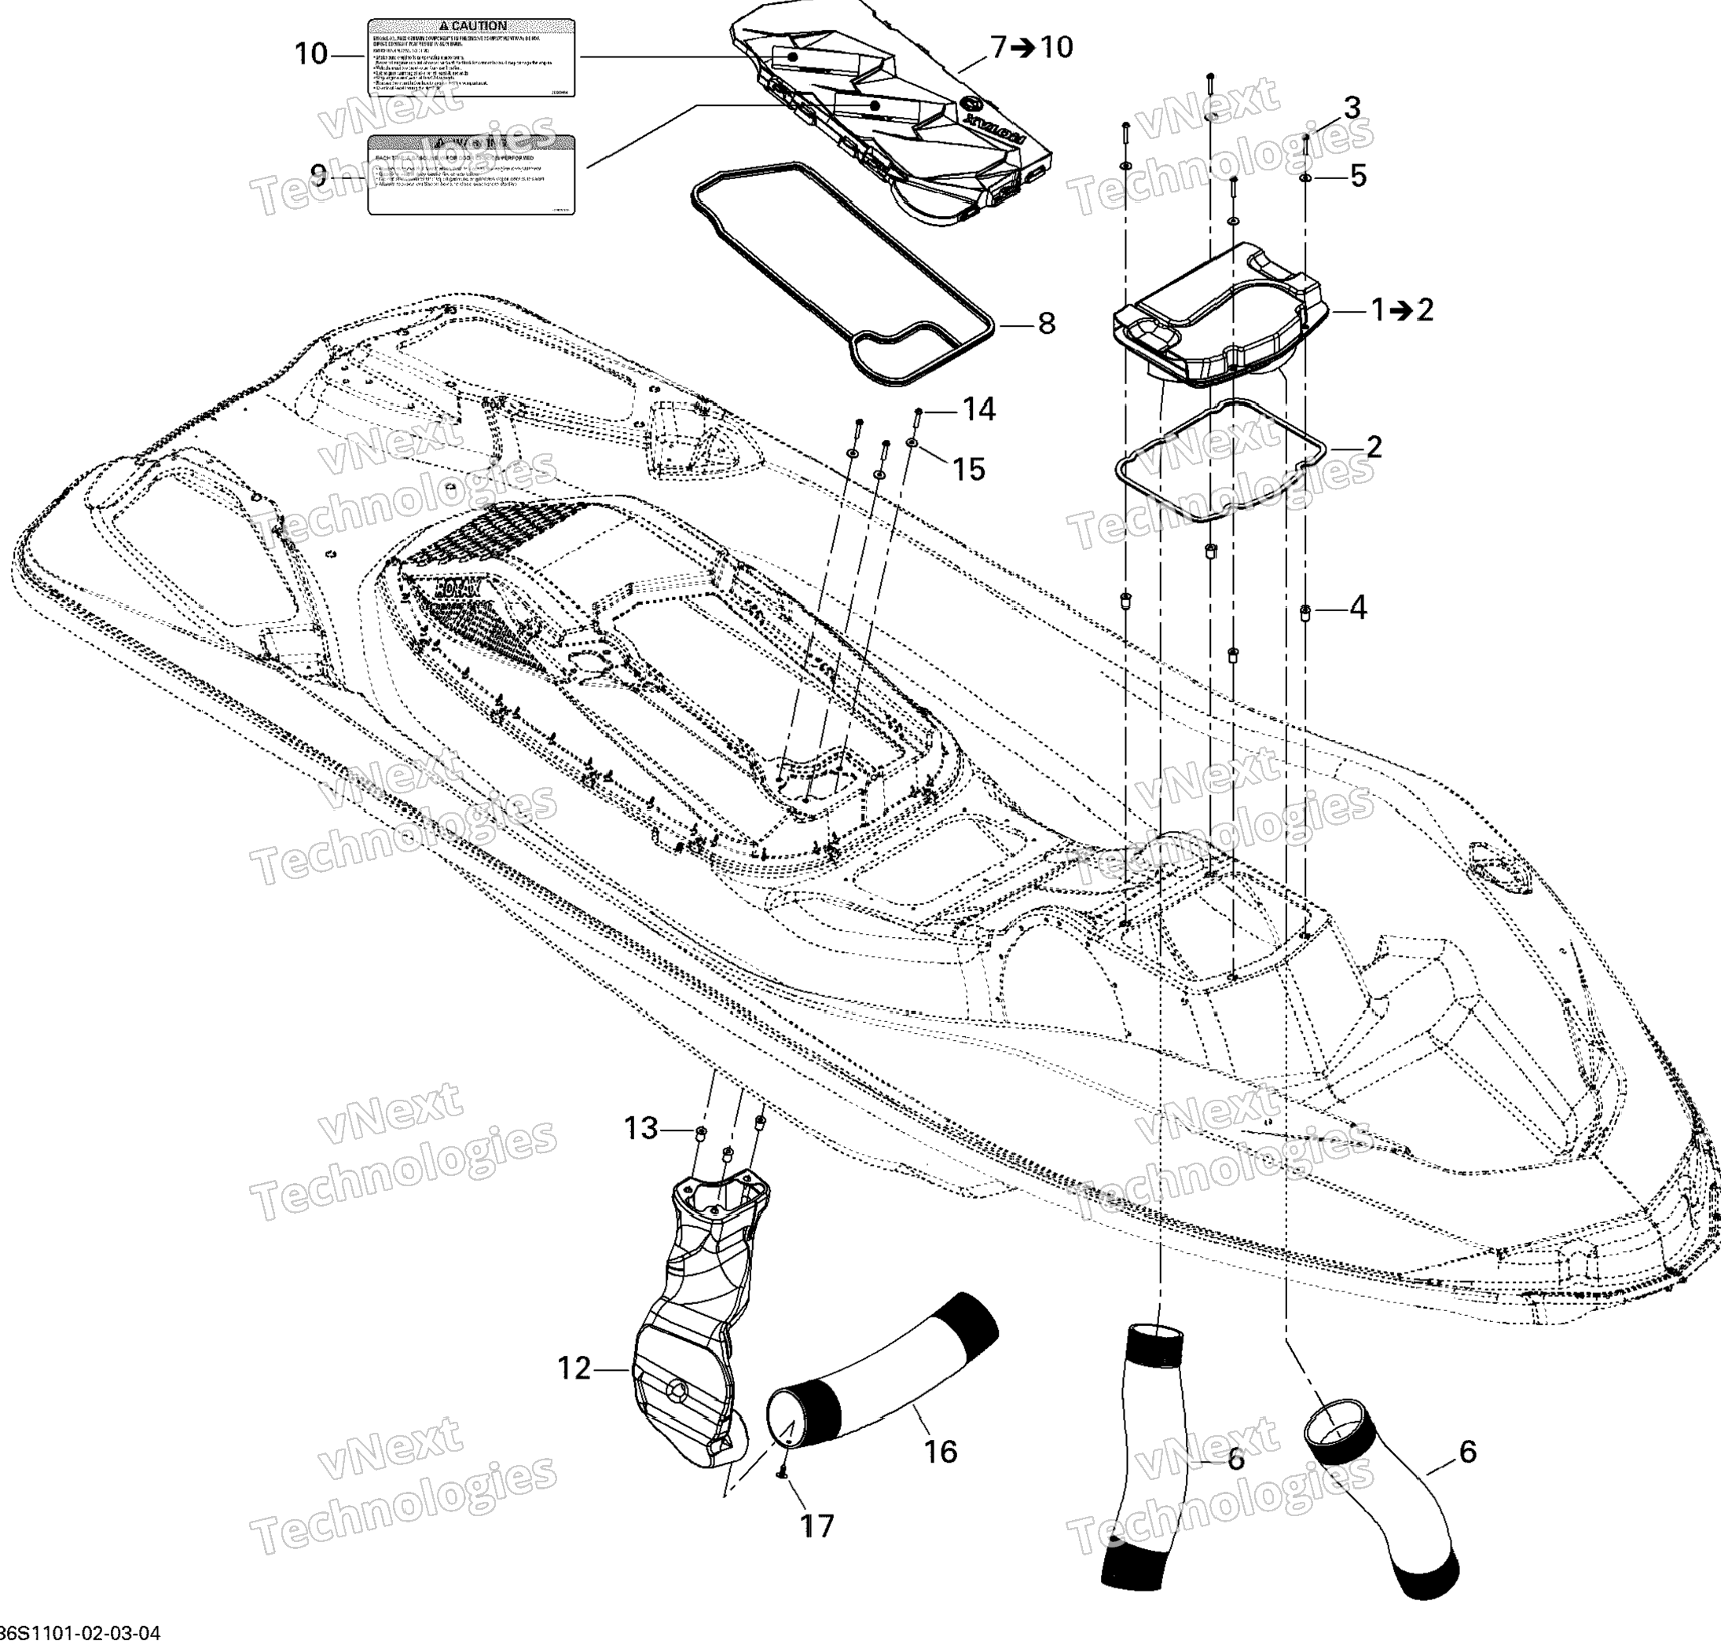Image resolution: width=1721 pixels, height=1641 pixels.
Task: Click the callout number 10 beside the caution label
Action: [310, 54]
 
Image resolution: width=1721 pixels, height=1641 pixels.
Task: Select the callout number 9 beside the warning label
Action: [318, 175]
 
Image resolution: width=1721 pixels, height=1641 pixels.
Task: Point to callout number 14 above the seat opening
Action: [979, 408]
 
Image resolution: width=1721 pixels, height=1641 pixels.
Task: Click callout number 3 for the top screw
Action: [1352, 108]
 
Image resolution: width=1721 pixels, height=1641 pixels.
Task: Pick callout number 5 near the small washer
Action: [1357, 176]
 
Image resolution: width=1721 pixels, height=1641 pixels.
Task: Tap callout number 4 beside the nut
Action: [1357, 607]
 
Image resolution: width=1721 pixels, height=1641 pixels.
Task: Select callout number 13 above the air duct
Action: [640, 1128]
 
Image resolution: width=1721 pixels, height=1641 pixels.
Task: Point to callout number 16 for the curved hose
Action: [941, 1452]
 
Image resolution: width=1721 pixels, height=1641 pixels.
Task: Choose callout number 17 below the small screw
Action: [817, 1526]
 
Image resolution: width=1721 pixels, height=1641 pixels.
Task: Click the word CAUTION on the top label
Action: [479, 26]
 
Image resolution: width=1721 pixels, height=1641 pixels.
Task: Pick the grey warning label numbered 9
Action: [471, 175]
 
